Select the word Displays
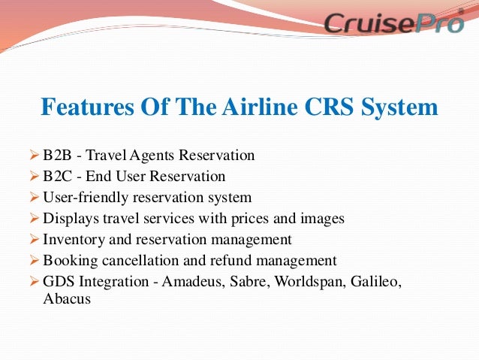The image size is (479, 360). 70,219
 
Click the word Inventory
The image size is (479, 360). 73,240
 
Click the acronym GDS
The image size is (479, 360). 59,282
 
